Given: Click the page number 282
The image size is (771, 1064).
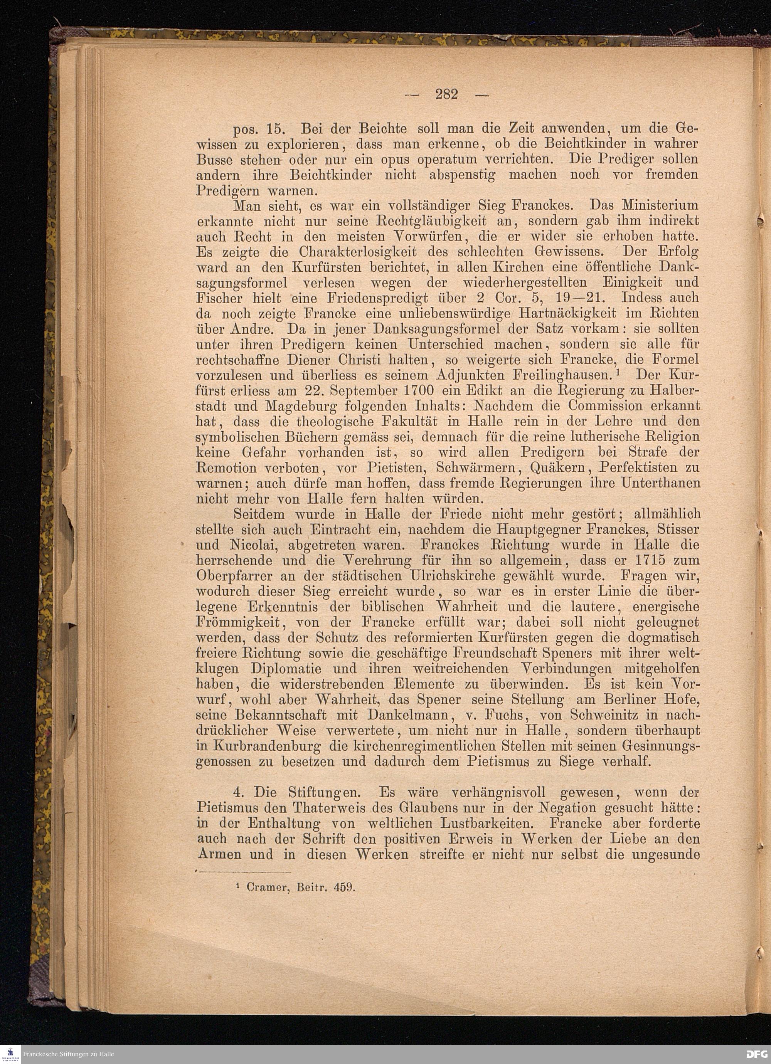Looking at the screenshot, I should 446,95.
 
